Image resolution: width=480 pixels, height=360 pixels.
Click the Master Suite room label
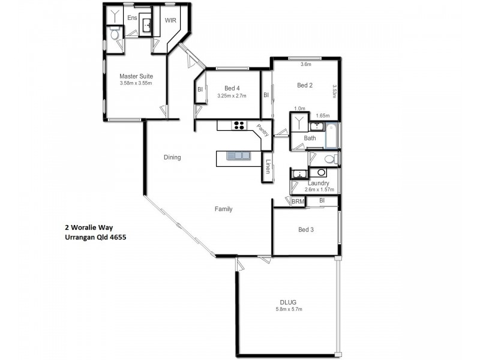(136, 76)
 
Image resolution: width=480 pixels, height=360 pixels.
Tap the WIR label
(170, 20)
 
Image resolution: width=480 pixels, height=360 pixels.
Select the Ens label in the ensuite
(132, 18)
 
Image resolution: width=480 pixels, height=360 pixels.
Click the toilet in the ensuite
(115, 34)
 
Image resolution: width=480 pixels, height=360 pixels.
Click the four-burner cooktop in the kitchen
(239, 125)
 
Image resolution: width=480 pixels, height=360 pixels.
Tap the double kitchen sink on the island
(238, 156)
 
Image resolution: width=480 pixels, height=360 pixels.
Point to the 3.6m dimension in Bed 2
(305, 64)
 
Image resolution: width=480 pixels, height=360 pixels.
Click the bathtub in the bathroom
(331, 137)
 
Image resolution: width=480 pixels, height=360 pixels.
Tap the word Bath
(310, 138)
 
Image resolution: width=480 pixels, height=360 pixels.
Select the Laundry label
(318, 183)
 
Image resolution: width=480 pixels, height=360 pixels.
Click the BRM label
(298, 202)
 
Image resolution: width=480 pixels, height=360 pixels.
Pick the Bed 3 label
(305, 229)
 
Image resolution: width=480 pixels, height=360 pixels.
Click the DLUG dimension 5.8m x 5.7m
(289, 309)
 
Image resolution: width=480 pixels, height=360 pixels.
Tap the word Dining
(172, 157)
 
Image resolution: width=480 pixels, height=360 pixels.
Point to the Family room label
(224, 209)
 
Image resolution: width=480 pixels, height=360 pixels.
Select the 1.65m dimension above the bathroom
(322, 115)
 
